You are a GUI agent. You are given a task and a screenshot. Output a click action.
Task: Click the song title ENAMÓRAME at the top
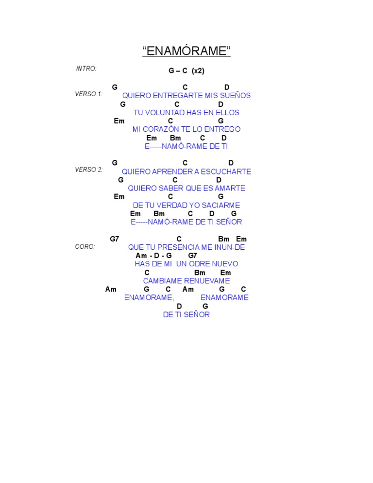pos(186,51)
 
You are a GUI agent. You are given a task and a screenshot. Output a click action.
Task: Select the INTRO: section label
pos(86,69)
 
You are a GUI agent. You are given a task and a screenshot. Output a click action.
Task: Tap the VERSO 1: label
pos(88,94)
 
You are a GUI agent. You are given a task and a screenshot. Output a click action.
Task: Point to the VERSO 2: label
pos(88,170)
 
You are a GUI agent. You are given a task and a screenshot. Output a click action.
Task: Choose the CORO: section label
pos(85,246)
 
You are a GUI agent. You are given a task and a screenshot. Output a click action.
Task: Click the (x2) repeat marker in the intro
pos(198,70)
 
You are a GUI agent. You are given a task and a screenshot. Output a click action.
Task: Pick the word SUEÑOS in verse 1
pos(236,96)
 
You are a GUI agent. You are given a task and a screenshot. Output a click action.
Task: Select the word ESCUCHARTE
pos(228,172)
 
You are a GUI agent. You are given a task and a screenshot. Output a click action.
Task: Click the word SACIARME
pos(221,205)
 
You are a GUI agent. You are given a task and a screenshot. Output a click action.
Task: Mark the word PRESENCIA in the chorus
pos(178,247)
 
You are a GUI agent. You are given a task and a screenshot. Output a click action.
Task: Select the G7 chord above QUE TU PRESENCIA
pos(114,239)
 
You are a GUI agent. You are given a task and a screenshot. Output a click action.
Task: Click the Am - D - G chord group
pos(153,256)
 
